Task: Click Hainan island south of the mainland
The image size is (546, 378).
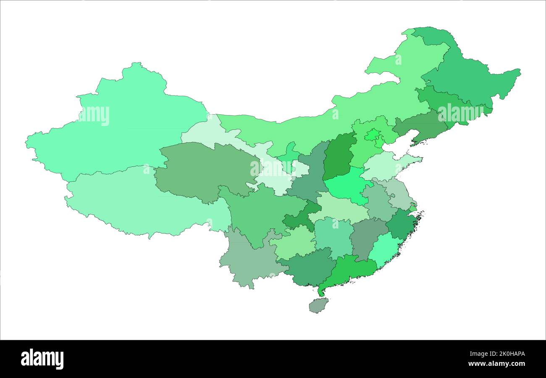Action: [319, 305]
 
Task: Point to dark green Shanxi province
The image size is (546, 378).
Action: [338, 155]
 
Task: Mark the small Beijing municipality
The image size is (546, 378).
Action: [372, 135]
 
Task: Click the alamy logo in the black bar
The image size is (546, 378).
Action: [42, 359]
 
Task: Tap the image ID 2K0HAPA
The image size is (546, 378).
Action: [504, 354]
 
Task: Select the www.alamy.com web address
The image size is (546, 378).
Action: [496, 364]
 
